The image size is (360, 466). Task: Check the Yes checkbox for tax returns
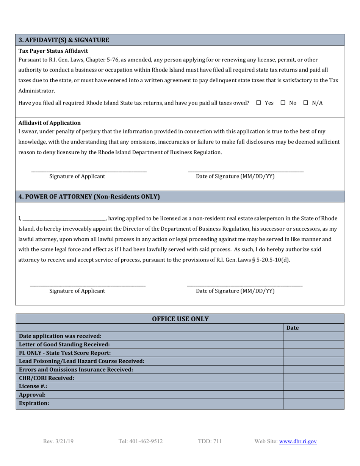(x=259, y=103)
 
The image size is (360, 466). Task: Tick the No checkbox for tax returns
(x=283, y=103)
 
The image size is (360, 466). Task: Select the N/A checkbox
(x=306, y=103)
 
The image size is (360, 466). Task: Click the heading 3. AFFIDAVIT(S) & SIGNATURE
(x=64, y=40)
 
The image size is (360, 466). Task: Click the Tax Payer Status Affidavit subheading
(x=53, y=51)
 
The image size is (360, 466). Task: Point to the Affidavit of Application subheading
(x=49, y=123)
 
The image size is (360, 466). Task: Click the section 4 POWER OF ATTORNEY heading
(x=89, y=197)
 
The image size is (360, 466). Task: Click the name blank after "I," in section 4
(x=64, y=219)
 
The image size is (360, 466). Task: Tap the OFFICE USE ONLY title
(x=180, y=319)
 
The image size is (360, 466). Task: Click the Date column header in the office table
(x=292, y=328)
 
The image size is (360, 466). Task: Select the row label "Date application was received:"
(x=60, y=336)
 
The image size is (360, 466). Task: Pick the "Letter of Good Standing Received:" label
(x=64, y=344)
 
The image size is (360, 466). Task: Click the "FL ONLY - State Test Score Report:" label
(x=65, y=353)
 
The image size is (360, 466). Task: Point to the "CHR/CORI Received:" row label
(x=47, y=378)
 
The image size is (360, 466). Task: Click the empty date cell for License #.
(x=313, y=386)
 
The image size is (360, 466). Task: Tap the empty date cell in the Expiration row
(x=313, y=403)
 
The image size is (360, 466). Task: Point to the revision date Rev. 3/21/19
(x=59, y=441)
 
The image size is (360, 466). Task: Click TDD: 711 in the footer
(x=210, y=441)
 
